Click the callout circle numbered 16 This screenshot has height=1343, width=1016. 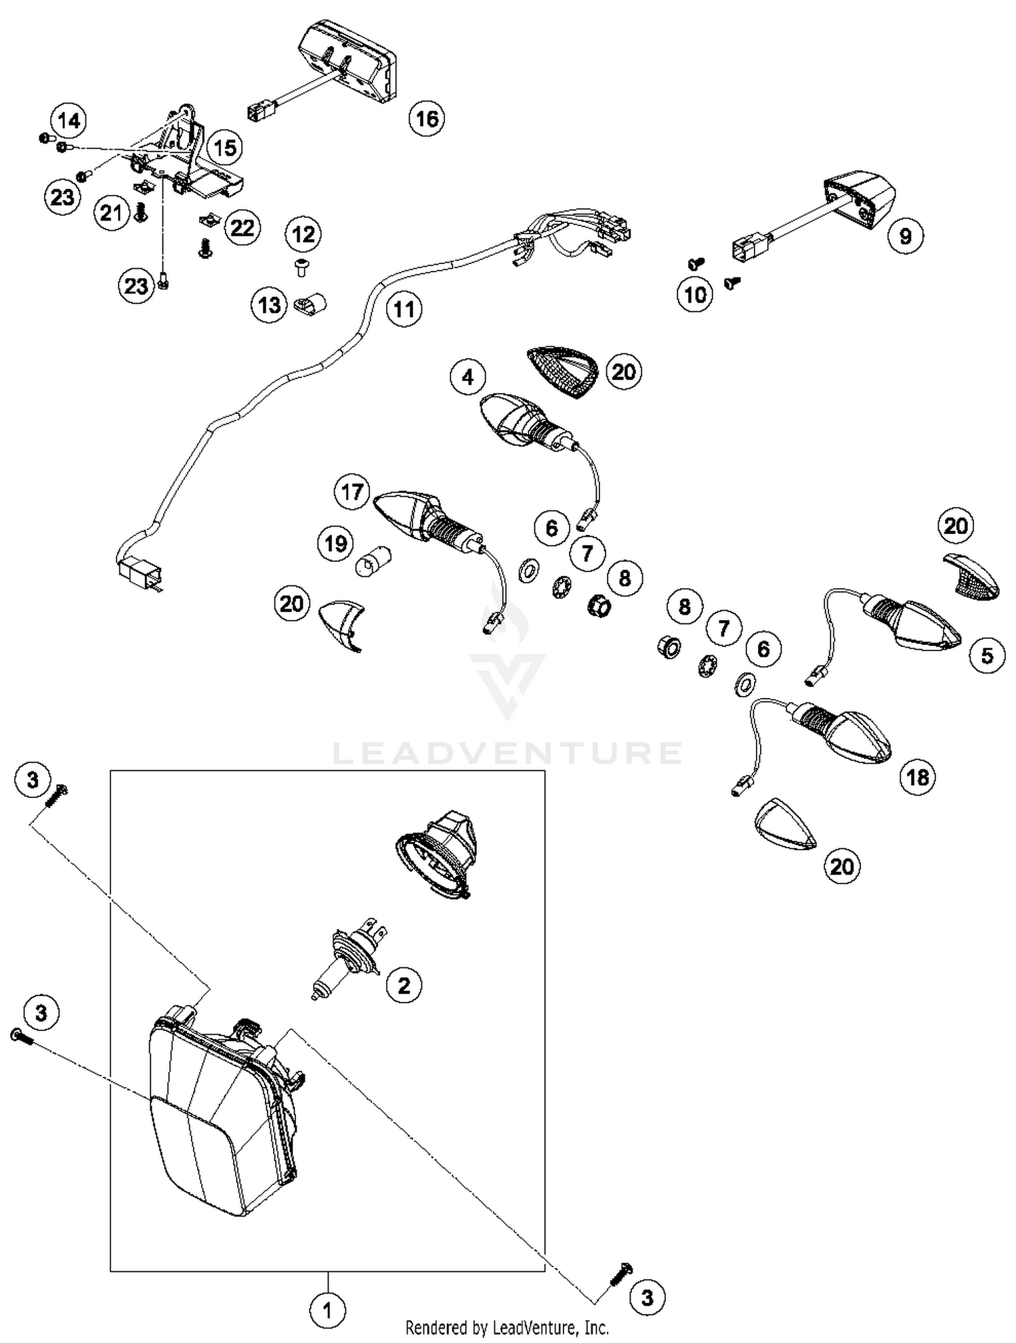pyautogui.click(x=427, y=119)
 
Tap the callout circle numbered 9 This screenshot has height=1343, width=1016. pyautogui.click(x=905, y=236)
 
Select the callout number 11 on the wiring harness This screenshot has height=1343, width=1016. pyautogui.click(x=404, y=309)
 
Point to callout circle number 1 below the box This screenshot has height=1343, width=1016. pyautogui.click(x=328, y=1311)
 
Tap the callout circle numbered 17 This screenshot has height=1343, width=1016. pyautogui.click(x=352, y=492)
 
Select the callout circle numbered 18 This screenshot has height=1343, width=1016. pyautogui.click(x=918, y=777)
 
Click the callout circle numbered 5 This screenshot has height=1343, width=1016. pyautogui.click(x=987, y=655)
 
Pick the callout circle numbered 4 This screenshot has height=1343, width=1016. pyautogui.click(x=468, y=377)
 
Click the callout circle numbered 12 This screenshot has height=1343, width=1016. pyautogui.click(x=303, y=234)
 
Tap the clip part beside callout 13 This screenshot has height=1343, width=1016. pyautogui.click(x=311, y=307)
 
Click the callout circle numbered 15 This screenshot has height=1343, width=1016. pyautogui.click(x=226, y=148)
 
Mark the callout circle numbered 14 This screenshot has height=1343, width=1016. pyautogui.click(x=69, y=121)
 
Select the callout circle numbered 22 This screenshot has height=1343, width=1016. pyautogui.click(x=242, y=228)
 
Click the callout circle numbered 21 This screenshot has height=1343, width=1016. pyautogui.click(x=111, y=213)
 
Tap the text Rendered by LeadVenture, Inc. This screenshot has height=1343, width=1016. pyautogui.click(x=507, y=1327)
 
